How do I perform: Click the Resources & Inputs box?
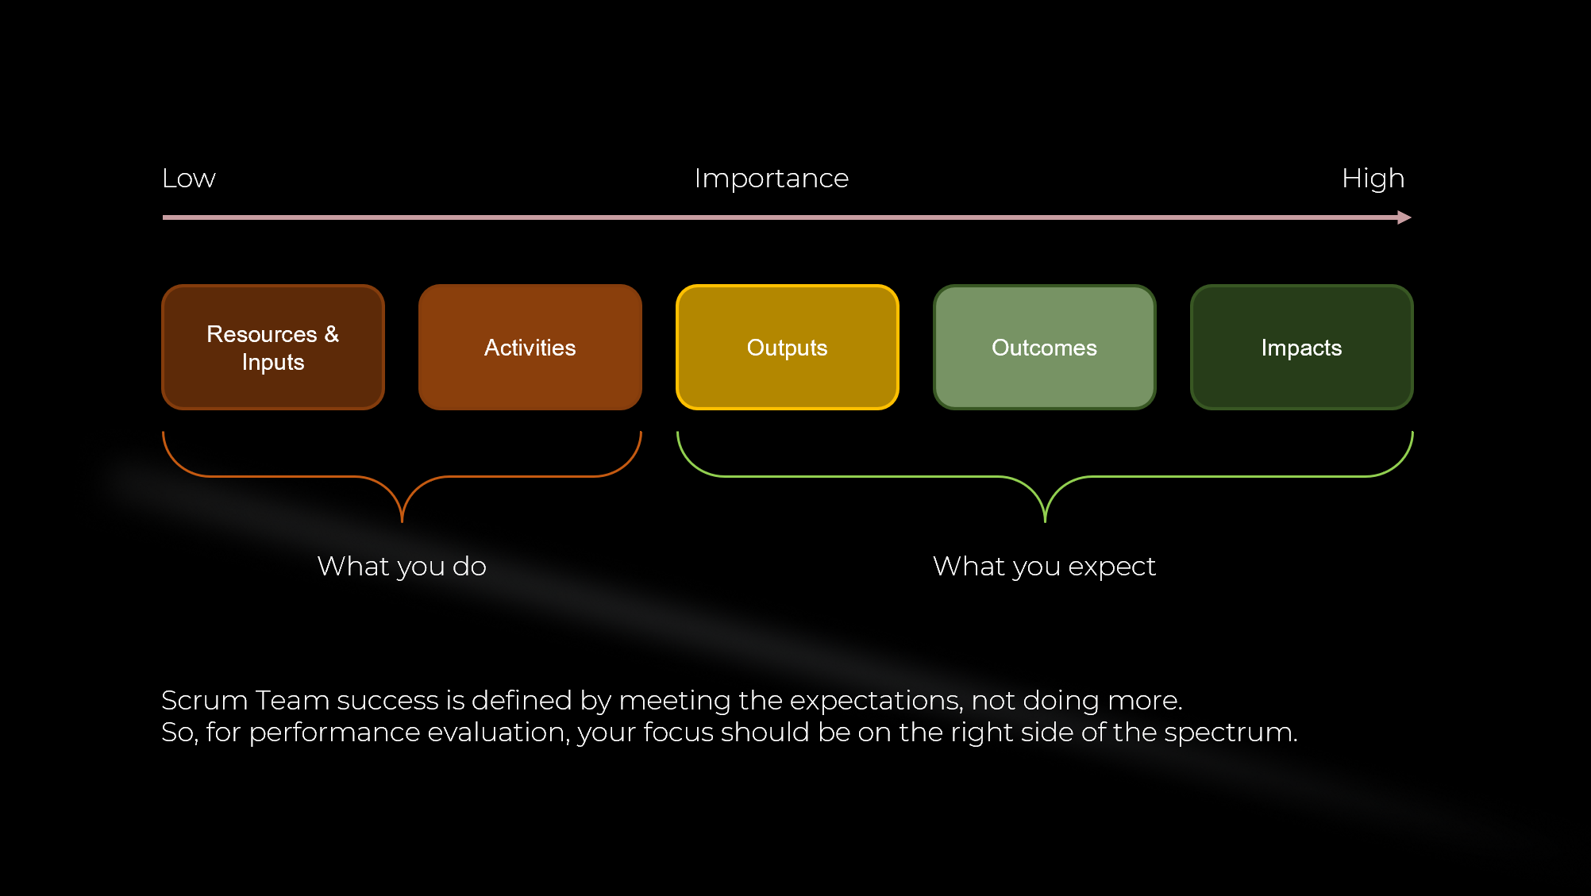coord(273,347)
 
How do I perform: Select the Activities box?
coord(530,347)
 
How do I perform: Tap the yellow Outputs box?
coord(788,347)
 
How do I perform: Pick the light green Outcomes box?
coord(1045,347)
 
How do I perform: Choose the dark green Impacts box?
coord(1302,347)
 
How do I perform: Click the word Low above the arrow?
coord(189,179)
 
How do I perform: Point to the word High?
coord(1373,179)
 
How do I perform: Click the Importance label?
coord(772,179)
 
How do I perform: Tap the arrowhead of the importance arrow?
coord(1404,217)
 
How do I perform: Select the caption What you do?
coord(402,567)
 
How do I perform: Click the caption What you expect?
coord(1045,567)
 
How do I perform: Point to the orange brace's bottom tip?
coord(403,521)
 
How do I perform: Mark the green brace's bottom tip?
coord(1045,521)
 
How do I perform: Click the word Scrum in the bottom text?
coord(204,701)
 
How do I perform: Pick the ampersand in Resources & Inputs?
coord(332,334)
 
